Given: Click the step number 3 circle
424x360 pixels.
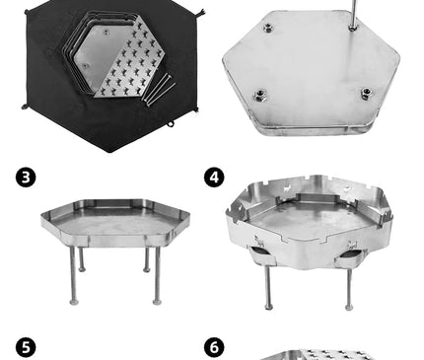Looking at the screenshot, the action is tap(26, 178).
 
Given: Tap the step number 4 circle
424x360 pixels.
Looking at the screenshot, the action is tap(214, 178).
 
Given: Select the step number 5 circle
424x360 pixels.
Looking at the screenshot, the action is tap(26, 348).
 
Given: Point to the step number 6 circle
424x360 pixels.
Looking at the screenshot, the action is tap(214, 348).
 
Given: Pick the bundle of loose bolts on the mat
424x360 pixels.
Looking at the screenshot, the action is tap(159, 89).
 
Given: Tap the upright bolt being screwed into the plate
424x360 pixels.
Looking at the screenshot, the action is tap(353, 14).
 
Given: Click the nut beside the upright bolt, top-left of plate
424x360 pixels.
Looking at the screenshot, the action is tap(268, 28).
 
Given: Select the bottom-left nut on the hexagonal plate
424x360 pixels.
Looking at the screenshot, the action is tap(259, 96).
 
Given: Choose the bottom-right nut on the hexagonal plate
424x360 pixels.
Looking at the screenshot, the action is tap(366, 93).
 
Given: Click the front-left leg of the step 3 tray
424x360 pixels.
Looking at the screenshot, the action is tap(74, 275).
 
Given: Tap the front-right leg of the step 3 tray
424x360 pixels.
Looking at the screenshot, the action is tap(158, 275).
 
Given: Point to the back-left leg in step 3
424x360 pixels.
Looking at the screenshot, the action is tap(81, 259).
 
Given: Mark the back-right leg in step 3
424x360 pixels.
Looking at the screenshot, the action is tap(147, 259).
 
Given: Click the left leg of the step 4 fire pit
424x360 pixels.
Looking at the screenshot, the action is tap(268, 288).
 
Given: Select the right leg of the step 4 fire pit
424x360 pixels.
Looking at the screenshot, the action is tap(349, 289).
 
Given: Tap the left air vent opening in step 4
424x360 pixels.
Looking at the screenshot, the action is tap(261, 253).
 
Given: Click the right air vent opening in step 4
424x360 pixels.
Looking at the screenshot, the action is tap(351, 253).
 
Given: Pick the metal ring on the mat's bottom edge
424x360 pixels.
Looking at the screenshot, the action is tap(170, 124).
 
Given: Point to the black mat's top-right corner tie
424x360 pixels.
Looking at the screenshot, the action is tap(201, 13).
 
